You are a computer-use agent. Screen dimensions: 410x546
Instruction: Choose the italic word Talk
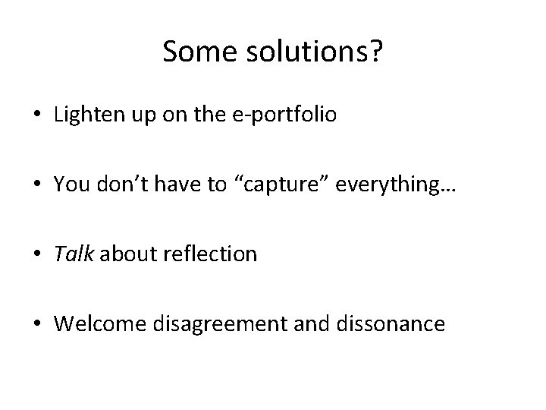(73, 254)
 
